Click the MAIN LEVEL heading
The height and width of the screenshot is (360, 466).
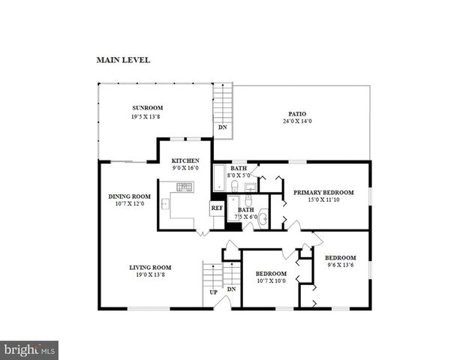(x=123, y=59)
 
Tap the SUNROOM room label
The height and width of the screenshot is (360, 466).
(x=148, y=108)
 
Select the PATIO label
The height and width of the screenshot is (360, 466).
(x=297, y=114)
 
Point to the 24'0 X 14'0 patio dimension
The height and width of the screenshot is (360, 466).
(x=297, y=121)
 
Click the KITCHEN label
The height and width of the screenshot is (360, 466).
(x=185, y=160)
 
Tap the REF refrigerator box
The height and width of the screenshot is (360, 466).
(x=217, y=208)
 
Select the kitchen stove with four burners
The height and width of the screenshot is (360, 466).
(x=184, y=187)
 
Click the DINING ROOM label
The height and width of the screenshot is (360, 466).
(x=130, y=196)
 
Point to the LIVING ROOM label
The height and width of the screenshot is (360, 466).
(x=150, y=267)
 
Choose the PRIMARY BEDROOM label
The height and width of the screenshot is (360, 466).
(x=324, y=191)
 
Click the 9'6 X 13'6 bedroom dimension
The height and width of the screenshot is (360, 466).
(x=340, y=265)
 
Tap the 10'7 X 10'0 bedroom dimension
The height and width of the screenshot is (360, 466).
(x=270, y=281)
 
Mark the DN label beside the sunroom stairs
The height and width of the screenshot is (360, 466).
(x=222, y=127)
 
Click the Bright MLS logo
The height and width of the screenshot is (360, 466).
(x=29, y=349)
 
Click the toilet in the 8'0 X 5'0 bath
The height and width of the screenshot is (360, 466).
(x=234, y=184)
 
